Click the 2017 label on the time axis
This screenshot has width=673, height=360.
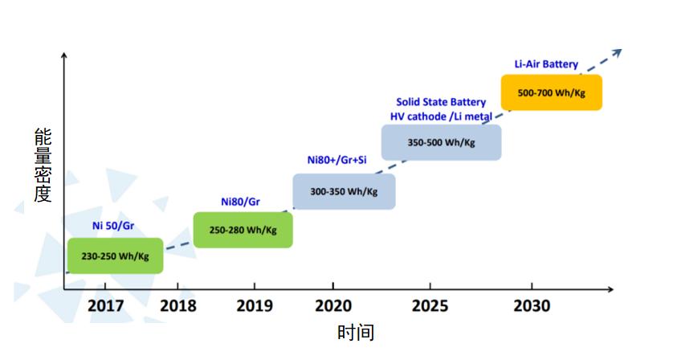coord(106,306)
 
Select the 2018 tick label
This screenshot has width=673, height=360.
coord(179,306)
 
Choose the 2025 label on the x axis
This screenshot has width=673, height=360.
coord(429,306)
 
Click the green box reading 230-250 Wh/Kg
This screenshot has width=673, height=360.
coord(115,256)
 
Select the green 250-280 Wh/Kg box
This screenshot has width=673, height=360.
coord(243,230)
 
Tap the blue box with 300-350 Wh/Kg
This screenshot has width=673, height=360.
coord(344,192)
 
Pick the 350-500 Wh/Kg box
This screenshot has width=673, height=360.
coord(441,142)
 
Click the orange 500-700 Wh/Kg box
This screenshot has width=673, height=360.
coord(551,92)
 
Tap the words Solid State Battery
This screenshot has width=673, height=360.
coord(441,102)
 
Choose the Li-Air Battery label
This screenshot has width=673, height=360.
coord(546,64)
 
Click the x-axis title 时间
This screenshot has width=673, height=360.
coord(355,333)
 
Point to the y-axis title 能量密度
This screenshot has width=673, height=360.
coord(43,165)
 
